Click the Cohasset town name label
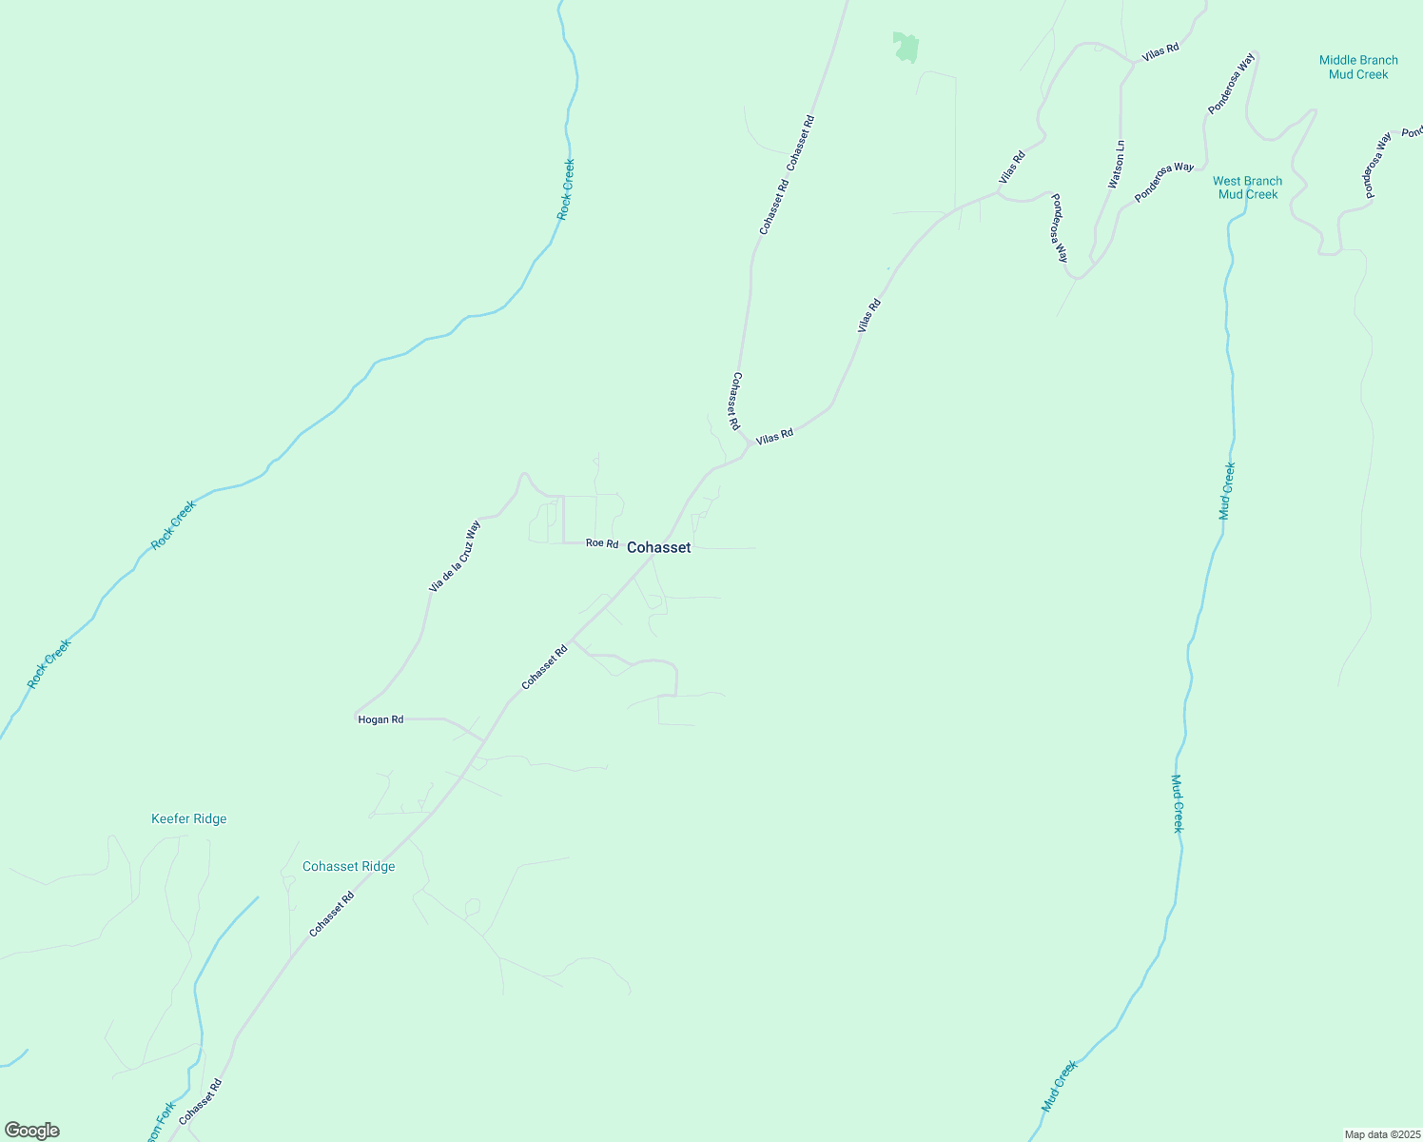pos(658,547)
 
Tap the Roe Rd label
pos(601,542)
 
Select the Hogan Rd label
pos(380,719)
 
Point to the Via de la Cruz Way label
pos(455,557)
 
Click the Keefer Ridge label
pos(189,818)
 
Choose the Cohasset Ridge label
pos(348,866)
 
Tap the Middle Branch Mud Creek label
pos(1358,67)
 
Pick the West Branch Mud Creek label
pos(1247,187)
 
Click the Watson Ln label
pos(1118,164)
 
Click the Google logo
pos(31,1131)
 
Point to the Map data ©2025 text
pos(1382,1134)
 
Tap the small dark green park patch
pos(906,47)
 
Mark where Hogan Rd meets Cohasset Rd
pos(485,739)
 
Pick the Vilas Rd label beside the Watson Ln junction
pos(1160,49)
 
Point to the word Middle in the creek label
pos(1338,60)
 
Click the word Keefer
pos(170,818)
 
